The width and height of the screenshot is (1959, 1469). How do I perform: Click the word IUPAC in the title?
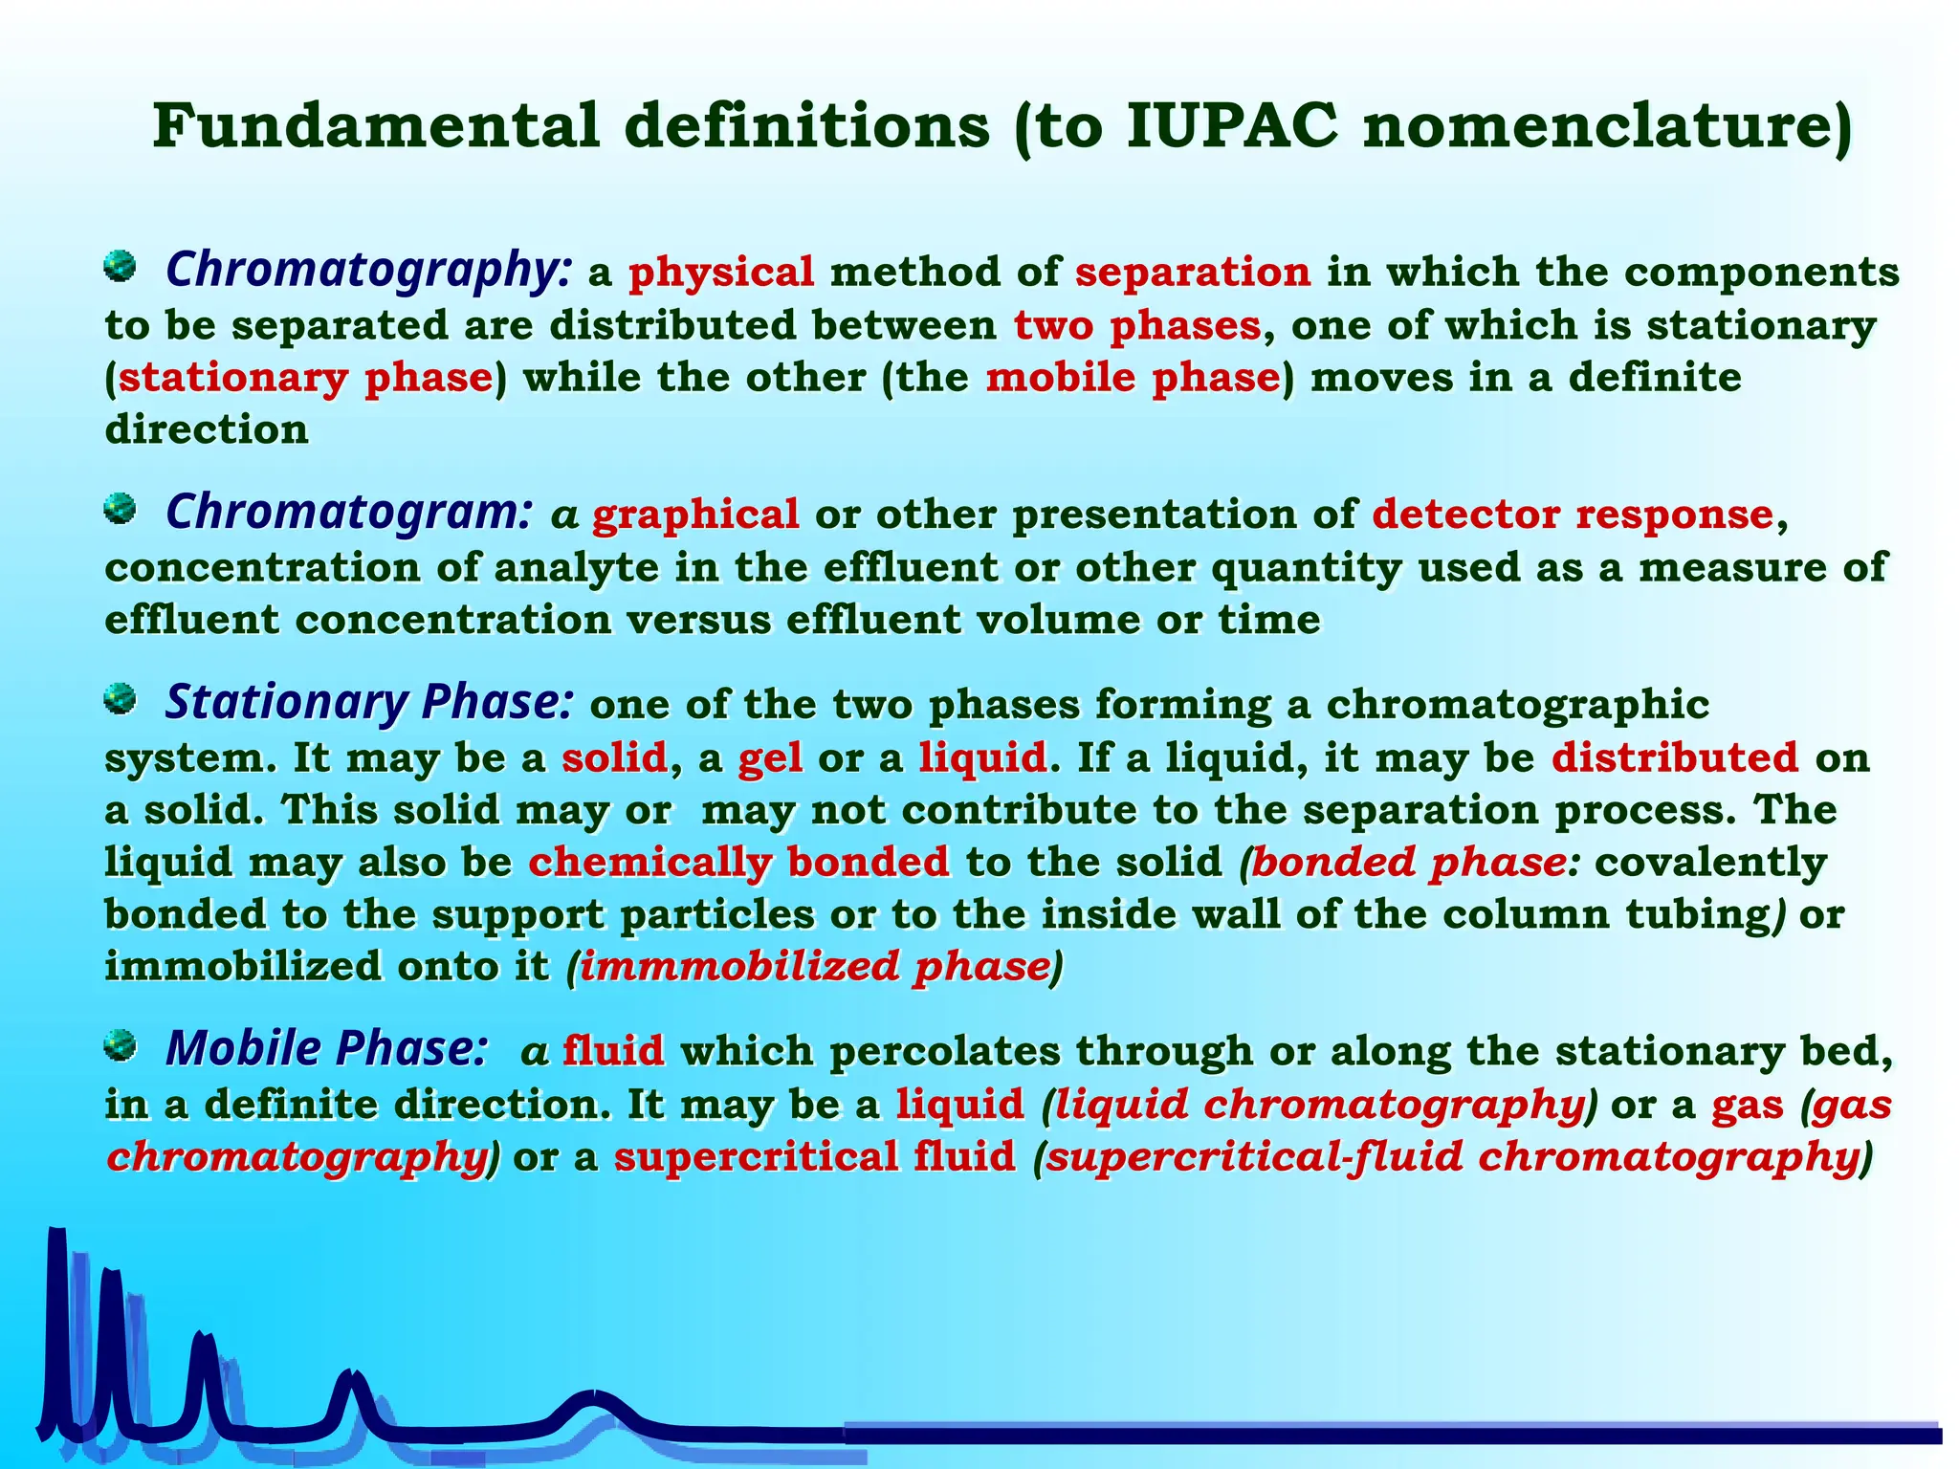click(x=1232, y=126)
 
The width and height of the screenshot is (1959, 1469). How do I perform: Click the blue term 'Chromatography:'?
click(x=369, y=270)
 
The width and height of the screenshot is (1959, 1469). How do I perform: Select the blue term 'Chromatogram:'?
click(x=348, y=512)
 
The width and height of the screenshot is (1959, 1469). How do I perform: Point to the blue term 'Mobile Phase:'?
click(x=326, y=1048)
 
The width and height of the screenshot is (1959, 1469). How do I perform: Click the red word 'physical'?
click(x=721, y=273)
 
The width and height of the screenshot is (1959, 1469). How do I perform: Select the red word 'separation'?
click(x=1193, y=273)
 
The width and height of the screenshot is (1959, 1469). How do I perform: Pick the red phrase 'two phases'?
click(x=1137, y=325)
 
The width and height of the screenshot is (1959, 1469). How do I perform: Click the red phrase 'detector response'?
click(x=1573, y=515)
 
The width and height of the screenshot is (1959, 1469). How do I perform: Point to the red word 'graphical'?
click(x=695, y=515)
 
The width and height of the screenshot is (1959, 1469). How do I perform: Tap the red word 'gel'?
click(x=770, y=758)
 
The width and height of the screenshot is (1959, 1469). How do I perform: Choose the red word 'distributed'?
click(x=1675, y=757)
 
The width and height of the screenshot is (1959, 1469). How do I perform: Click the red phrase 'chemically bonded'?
click(x=738, y=863)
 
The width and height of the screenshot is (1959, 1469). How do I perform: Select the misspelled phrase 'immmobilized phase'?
click(x=815, y=967)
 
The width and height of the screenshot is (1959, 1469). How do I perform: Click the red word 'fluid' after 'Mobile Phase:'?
click(x=613, y=1051)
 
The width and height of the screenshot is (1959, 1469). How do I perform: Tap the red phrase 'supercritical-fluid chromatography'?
click(x=1451, y=1157)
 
